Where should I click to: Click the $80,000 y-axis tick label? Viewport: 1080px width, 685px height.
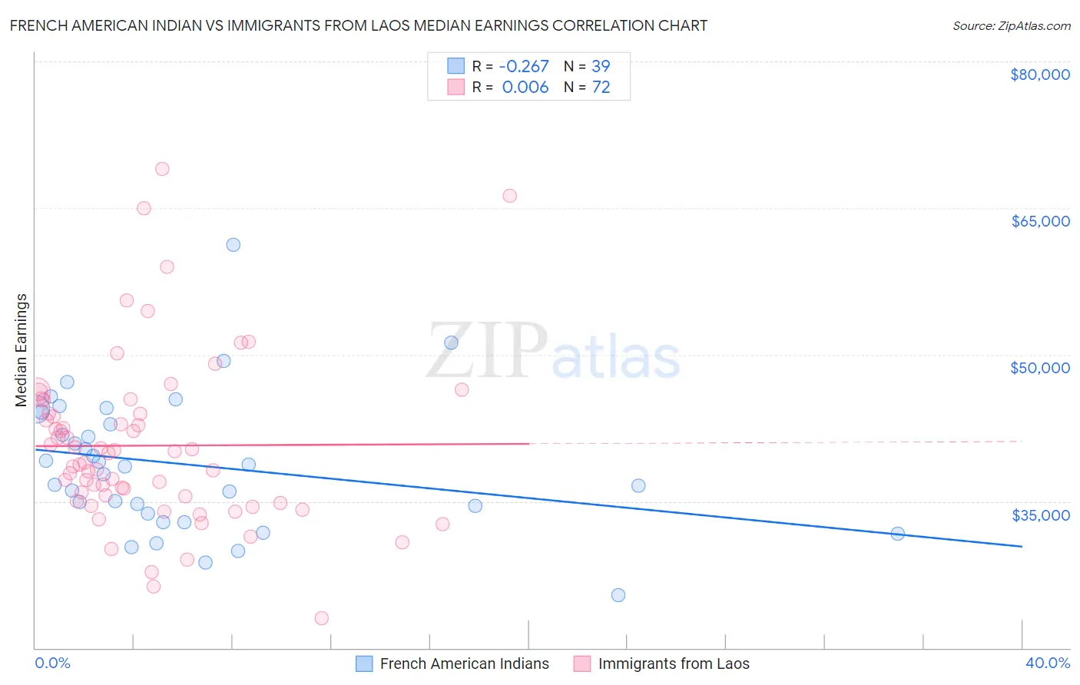click(1040, 74)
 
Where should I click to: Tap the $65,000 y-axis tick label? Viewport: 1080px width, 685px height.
click(1040, 221)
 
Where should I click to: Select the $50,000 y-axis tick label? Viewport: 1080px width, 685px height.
click(1040, 368)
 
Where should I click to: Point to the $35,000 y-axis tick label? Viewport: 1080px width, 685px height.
click(1040, 515)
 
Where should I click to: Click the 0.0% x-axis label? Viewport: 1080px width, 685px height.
click(52, 663)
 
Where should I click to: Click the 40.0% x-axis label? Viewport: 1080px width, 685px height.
click(1047, 663)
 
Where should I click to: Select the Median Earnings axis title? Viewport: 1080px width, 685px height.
click(22, 350)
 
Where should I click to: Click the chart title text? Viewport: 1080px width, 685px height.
click(359, 25)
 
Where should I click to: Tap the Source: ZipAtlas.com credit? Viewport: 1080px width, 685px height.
click(1011, 26)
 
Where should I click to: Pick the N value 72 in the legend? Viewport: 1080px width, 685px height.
click(601, 88)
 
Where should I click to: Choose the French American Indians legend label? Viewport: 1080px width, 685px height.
click(464, 663)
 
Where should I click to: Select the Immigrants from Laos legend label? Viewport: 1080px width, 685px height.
click(673, 663)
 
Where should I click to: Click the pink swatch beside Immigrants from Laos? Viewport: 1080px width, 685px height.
click(582, 663)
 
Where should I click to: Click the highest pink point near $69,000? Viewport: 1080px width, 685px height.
click(162, 169)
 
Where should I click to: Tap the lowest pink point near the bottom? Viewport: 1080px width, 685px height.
click(322, 618)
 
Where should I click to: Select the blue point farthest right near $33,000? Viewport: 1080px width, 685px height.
click(897, 534)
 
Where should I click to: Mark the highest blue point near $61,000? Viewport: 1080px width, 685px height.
click(234, 245)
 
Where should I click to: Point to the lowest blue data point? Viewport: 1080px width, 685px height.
click(618, 595)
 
